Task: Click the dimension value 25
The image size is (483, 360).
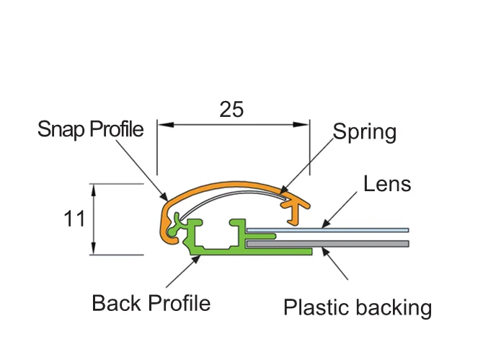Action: (231, 109)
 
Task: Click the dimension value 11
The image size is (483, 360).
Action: (74, 219)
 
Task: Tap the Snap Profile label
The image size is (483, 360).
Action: (90, 129)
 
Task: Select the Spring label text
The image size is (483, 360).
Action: (365, 132)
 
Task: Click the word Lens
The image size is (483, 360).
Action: (387, 184)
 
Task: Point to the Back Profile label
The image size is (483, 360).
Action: (151, 303)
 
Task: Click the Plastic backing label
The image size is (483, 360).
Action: (358, 308)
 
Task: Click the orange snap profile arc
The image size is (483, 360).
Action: (231, 187)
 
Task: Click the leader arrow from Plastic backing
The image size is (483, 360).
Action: (335, 263)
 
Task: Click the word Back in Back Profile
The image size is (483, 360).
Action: (115, 303)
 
